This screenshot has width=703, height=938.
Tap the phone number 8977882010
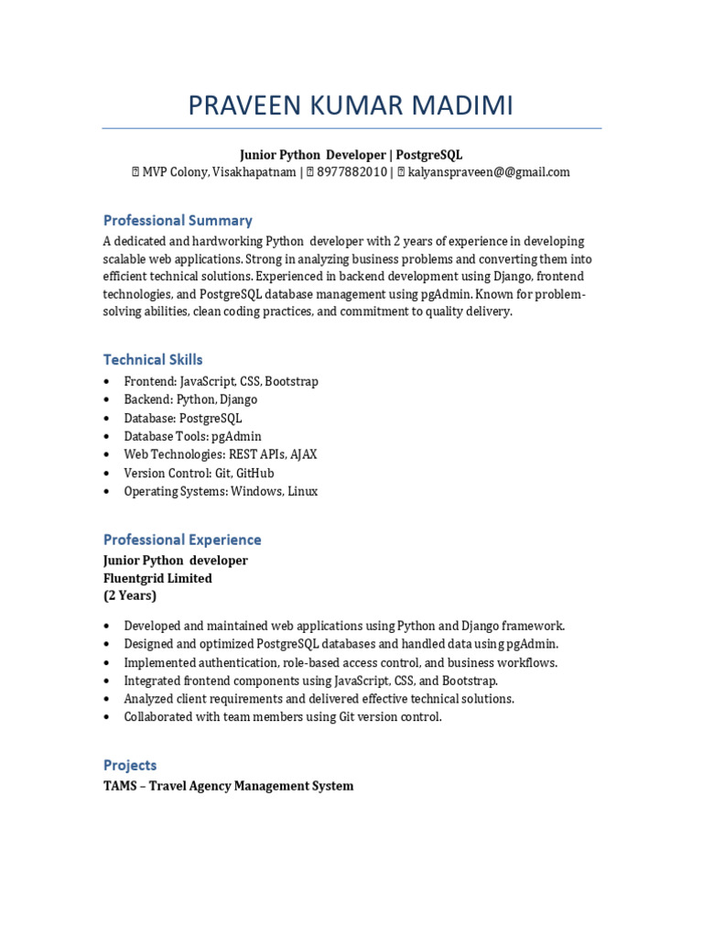coord(351,172)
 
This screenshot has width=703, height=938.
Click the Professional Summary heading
coord(178,221)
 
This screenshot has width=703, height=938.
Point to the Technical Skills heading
coord(153,360)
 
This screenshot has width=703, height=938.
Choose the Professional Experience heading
coord(182,540)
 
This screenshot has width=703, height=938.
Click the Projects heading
coord(130,765)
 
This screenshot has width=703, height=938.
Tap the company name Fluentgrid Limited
coord(157,578)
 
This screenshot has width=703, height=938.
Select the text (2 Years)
coord(130,595)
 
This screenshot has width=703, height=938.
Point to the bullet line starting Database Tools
coord(192,436)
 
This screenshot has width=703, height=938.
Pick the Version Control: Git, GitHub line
coord(199,473)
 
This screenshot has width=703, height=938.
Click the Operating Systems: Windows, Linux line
coord(221,491)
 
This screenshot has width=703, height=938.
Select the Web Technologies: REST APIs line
coord(221,454)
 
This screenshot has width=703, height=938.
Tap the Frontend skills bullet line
coord(221,381)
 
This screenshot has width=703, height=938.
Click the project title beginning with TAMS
coord(228,786)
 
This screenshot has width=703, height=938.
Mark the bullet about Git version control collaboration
coord(283,716)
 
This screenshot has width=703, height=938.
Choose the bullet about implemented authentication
coord(341,662)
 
